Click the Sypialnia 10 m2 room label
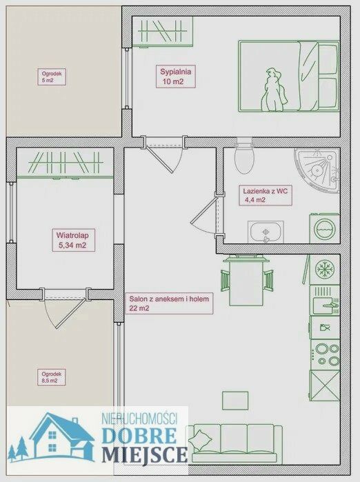click(176, 77)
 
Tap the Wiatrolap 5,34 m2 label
click(73, 240)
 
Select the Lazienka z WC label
click(266, 195)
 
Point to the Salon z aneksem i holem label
click(169, 303)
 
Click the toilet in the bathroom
click(244, 156)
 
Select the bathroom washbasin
click(266, 232)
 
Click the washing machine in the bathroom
click(324, 229)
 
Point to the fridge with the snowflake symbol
click(325, 269)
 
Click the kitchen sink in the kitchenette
click(325, 301)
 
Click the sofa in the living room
click(235, 443)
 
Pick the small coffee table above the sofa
click(235, 400)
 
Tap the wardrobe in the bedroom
click(162, 31)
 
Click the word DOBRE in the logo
click(139, 435)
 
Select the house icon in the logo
click(60, 436)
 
